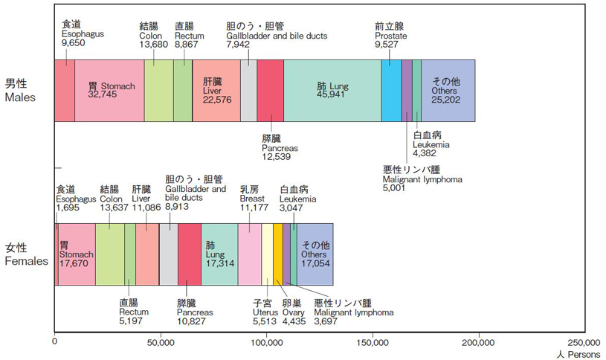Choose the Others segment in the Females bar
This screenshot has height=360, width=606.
pyautogui.click(x=315, y=254)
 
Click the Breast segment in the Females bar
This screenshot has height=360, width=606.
pyautogui.click(x=250, y=254)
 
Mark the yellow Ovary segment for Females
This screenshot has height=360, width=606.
pyautogui.click(x=277, y=254)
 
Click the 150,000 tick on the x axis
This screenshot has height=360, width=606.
pyautogui.click(x=373, y=343)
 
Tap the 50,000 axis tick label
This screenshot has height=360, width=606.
pyautogui.click(x=161, y=343)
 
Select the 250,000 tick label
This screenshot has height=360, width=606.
pyautogui.click(x=583, y=343)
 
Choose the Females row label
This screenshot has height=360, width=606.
pyautogui.click(x=26, y=254)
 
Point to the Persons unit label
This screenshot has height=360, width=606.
pyautogui.click(x=576, y=355)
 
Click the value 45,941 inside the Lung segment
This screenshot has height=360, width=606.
pyautogui.click(x=332, y=95)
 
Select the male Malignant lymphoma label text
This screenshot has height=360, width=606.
pyautogui.click(x=422, y=180)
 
